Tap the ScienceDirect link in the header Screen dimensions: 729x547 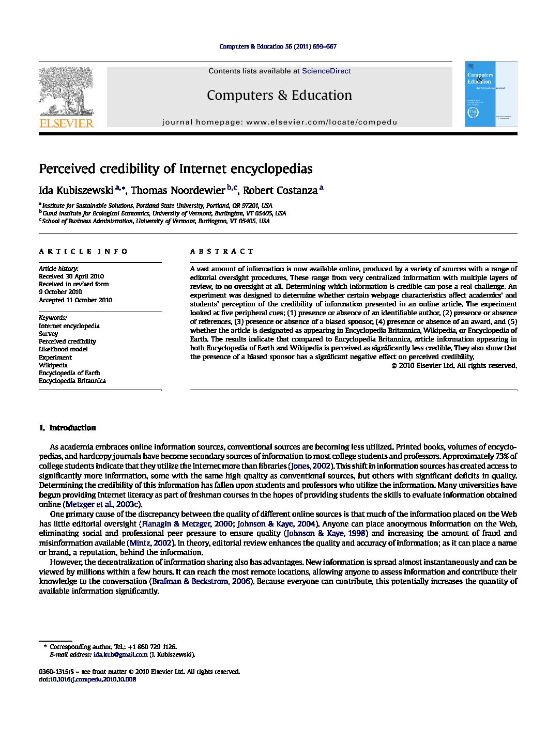(326, 71)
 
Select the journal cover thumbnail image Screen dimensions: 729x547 (491, 94)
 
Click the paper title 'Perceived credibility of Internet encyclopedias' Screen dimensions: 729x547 (176, 169)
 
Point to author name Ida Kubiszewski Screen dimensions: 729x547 (76, 191)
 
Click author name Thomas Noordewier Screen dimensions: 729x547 (177, 191)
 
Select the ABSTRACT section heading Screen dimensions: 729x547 (222, 252)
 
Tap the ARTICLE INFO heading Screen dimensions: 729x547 (83, 252)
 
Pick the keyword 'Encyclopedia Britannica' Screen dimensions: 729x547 (72, 381)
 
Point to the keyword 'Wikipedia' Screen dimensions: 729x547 (53, 365)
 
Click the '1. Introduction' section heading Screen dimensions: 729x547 (68, 428)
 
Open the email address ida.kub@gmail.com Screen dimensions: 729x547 (120, 655)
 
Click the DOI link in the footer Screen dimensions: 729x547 (93, 679)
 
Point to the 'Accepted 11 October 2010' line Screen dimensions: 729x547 (75, 300)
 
